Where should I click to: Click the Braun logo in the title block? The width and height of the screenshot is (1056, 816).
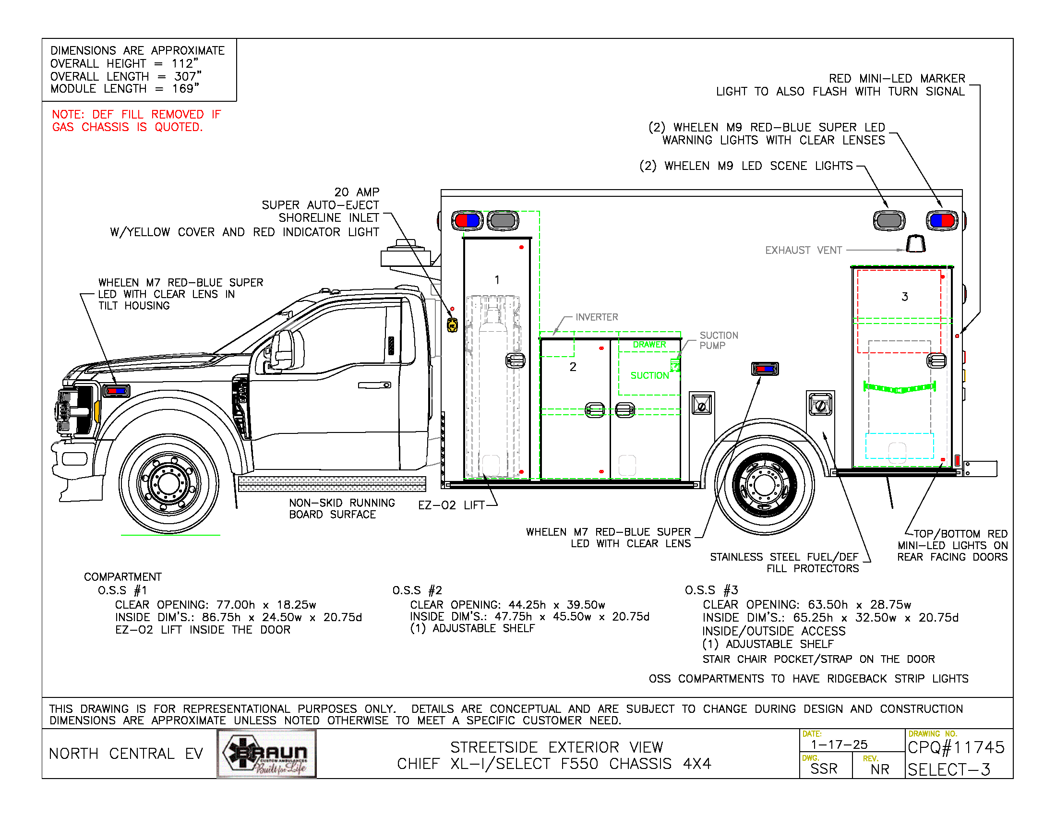[x=267, y=753]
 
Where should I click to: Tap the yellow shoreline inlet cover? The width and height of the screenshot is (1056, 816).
[x=452, y=325]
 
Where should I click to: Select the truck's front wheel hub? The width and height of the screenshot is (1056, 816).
[x=169, y=482]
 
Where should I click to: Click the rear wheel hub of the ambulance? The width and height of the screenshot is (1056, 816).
[x=765, y=484]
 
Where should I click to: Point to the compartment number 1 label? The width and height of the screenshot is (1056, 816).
[x=497, y=280]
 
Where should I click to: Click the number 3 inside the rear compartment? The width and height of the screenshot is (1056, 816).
[x=905, y=297]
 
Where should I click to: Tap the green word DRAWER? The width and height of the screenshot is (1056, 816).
[x=649, y=345]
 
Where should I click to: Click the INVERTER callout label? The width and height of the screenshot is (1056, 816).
[x=597, y=317]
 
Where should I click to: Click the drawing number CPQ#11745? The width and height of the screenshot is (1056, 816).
[x=956, y=748]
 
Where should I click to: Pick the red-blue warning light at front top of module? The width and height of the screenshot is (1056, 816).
[x=467, y=220]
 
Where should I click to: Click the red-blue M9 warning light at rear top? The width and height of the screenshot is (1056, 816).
[x=942, y=220]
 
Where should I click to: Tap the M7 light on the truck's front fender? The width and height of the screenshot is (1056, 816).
[x=117, y=390]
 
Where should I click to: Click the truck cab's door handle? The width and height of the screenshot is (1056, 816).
[x=375, y=385]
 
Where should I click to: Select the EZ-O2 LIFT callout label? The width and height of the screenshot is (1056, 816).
[x=451, y=505]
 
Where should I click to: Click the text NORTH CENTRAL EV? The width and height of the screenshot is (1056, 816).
[x=126, y=754]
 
